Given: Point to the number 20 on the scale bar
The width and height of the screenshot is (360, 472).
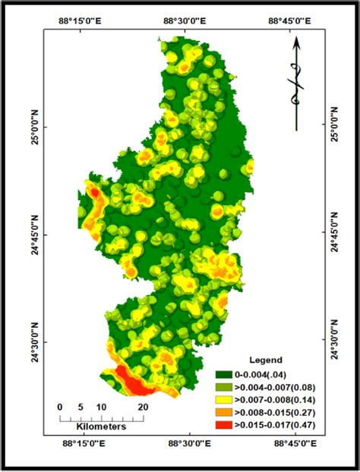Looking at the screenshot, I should [141, 407].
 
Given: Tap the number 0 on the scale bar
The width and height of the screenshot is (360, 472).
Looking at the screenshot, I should [60, 407].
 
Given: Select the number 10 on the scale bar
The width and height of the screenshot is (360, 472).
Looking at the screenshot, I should [99, 407].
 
